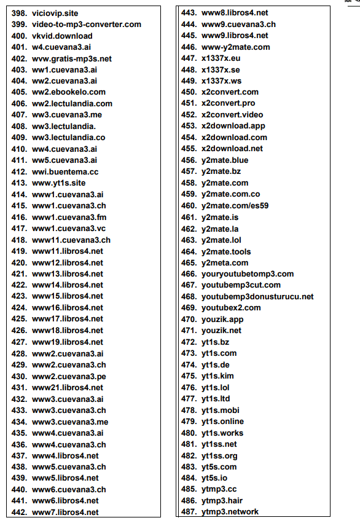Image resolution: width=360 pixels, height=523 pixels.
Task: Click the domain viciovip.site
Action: [x=55, y=13]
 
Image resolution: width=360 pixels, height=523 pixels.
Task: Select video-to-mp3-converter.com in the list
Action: [x=86, y=25]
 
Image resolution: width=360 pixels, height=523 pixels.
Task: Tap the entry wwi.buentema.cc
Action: [x=65, y=172]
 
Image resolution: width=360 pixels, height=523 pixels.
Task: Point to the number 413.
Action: [x=19, y=183]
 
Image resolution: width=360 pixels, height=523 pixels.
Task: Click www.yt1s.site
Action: [x=59, y=183]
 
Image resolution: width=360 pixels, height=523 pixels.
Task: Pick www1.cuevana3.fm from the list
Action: [x=69, y=218]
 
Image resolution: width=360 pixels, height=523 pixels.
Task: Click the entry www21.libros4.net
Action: [x=68, y=388]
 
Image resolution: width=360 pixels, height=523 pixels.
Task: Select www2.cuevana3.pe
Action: [x=69, y=376]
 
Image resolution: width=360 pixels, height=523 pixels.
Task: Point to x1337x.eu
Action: [x=222, y=58]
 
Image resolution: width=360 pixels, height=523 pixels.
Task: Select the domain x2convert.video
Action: [x=232, y=115]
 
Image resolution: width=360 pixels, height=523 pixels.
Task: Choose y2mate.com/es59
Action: [x=235, y=206]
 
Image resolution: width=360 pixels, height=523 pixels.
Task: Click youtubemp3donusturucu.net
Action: [x=257, y=297]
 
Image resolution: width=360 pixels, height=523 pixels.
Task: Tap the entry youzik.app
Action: [x=222, y=320]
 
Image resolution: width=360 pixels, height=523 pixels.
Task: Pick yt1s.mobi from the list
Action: [x=221, y=411]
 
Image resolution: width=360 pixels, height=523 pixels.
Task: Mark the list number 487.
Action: [x=189, y=512]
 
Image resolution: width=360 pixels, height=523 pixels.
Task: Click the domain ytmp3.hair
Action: [x=222, y=501]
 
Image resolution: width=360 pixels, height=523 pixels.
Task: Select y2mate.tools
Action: [x=225, y=251]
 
